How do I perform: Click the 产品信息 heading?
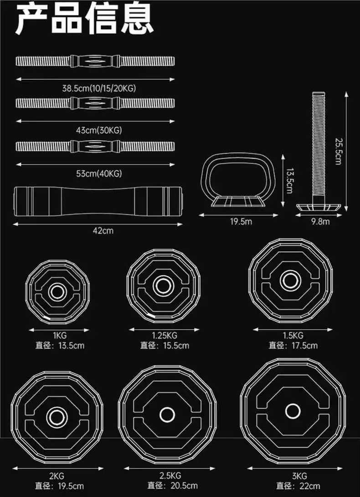(85, 18)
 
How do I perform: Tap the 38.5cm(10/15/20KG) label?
(99, 88)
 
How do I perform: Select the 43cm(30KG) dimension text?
(99, 130)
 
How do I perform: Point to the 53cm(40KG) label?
(99, 174)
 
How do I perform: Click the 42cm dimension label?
(103, 231)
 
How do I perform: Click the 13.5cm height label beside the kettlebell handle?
(289, 181)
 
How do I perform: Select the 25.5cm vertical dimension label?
(338, 150)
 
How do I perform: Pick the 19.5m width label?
(241, 222)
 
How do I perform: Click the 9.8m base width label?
(320, 222)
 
